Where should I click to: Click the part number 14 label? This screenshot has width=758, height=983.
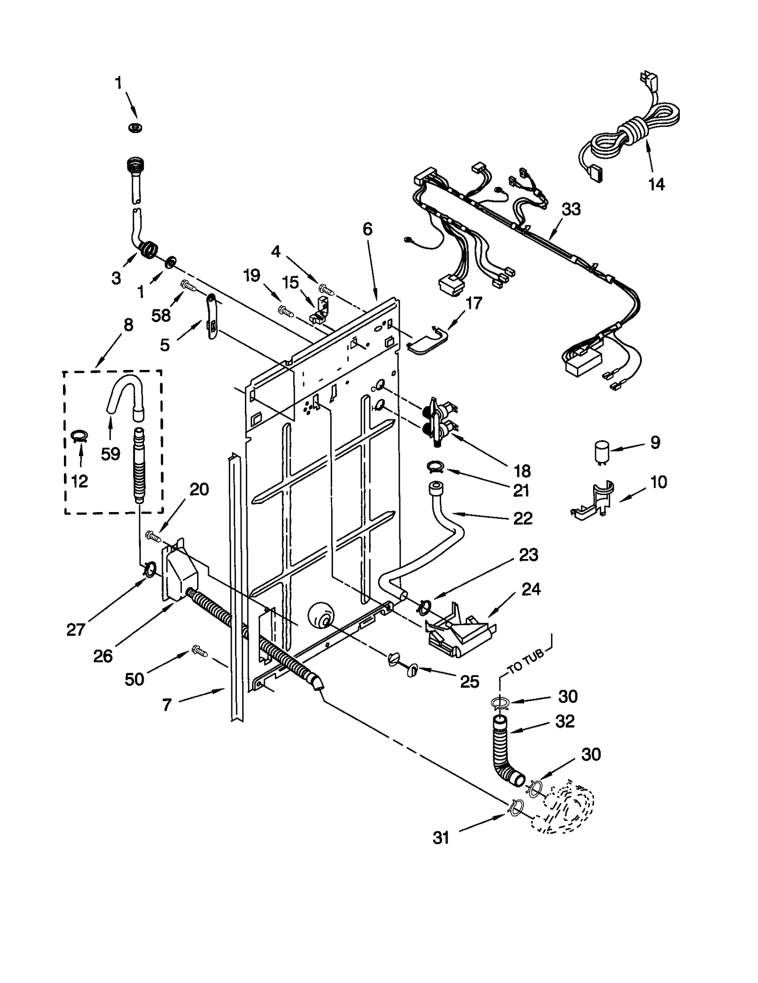point(656,184)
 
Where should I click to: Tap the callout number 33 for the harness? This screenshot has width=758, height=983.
point(571,209)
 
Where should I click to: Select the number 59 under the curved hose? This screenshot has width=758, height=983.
point(110,454)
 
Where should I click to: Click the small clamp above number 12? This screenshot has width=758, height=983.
point(80,436)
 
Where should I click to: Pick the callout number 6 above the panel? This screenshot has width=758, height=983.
point(368,229)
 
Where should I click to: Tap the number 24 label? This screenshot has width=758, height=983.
point(531,589)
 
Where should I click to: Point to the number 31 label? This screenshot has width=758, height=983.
point(441,838)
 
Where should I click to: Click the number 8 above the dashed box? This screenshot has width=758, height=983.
point(128,325)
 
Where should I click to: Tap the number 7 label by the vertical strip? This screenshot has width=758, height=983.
point(166,705)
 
